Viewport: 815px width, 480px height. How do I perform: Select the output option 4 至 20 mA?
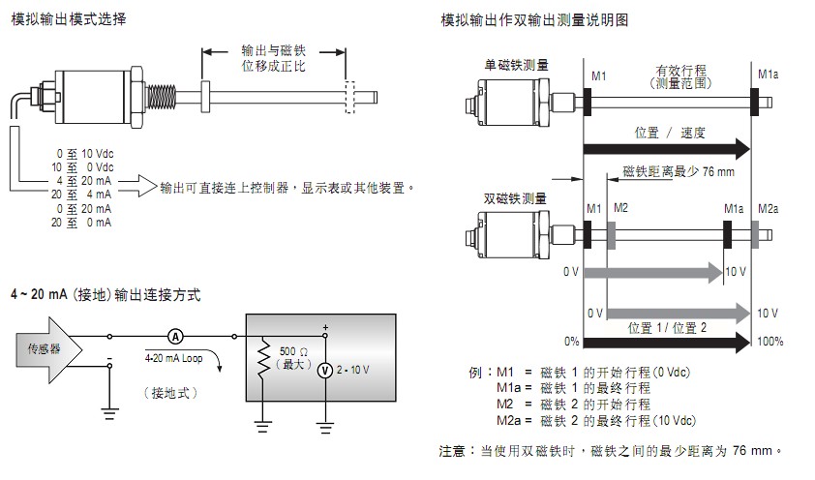click(x=84, y=181)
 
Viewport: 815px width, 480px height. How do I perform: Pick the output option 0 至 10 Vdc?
click(x=84, y=154)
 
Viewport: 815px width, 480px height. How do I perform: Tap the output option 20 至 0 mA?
click(x=84, y=223)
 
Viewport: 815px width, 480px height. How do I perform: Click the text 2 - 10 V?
click(x=354, y=371)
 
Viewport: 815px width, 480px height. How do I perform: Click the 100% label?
click(x=770, y=341)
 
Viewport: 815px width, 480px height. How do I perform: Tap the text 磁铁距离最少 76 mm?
click(x=678, y=171)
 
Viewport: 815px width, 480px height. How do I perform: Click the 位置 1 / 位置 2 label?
click(x=668, y=327)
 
